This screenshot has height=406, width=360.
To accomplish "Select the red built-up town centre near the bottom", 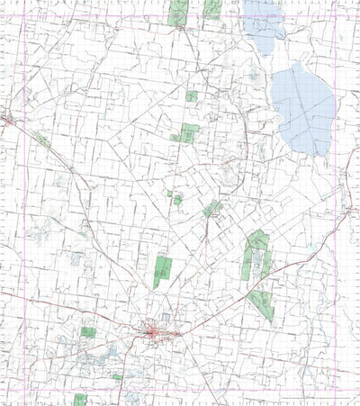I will point(157,334).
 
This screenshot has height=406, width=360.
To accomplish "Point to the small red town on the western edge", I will point(6,119).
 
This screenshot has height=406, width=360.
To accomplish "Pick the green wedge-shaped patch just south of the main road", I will point(261,304).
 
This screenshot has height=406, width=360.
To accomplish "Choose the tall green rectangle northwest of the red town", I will point(162,271).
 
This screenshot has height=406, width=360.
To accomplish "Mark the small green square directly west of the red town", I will point(88,332).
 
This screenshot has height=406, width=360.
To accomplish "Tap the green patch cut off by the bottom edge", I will point(80,400).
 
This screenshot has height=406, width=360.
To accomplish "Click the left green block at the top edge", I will point(177,13).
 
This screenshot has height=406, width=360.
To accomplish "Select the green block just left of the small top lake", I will point(212,9).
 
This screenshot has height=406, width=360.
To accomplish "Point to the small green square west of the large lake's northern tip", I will point(192,95).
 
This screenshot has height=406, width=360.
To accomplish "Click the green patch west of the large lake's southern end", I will point(187,133).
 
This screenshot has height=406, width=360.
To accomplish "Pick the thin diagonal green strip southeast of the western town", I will point(41,140).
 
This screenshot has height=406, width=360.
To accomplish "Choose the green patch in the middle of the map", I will point(212,209).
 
